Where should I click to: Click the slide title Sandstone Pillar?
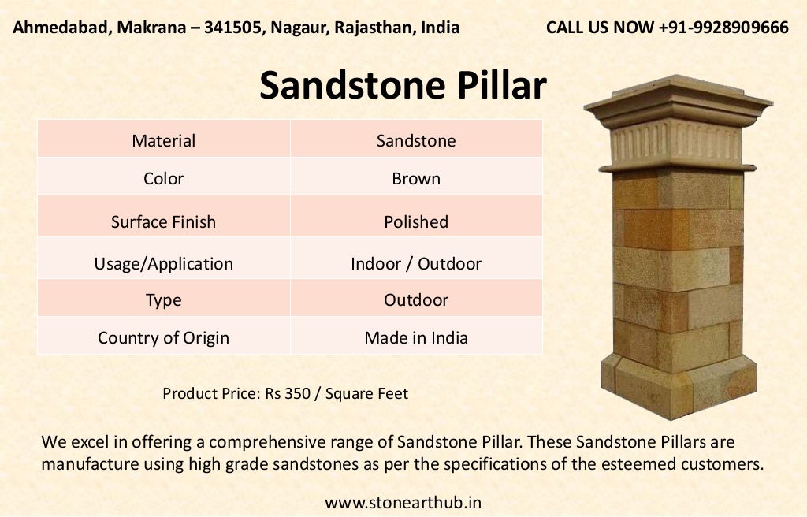click(403, 86)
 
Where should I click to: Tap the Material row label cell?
click(164, 141)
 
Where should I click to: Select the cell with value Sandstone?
click(416, 141)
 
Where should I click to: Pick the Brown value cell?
click(416, 179)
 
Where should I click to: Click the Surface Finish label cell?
click(164, 221)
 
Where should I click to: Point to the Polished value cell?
click(416, 221)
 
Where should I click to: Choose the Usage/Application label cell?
click(164, 263)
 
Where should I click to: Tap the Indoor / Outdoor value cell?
click(416, 263)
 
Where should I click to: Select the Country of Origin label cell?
click(164, 338)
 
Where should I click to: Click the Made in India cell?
click(416, 338)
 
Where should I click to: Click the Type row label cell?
click(164, 300)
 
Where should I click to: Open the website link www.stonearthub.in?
click(403, 502)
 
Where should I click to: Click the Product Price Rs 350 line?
click(285, 392)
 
